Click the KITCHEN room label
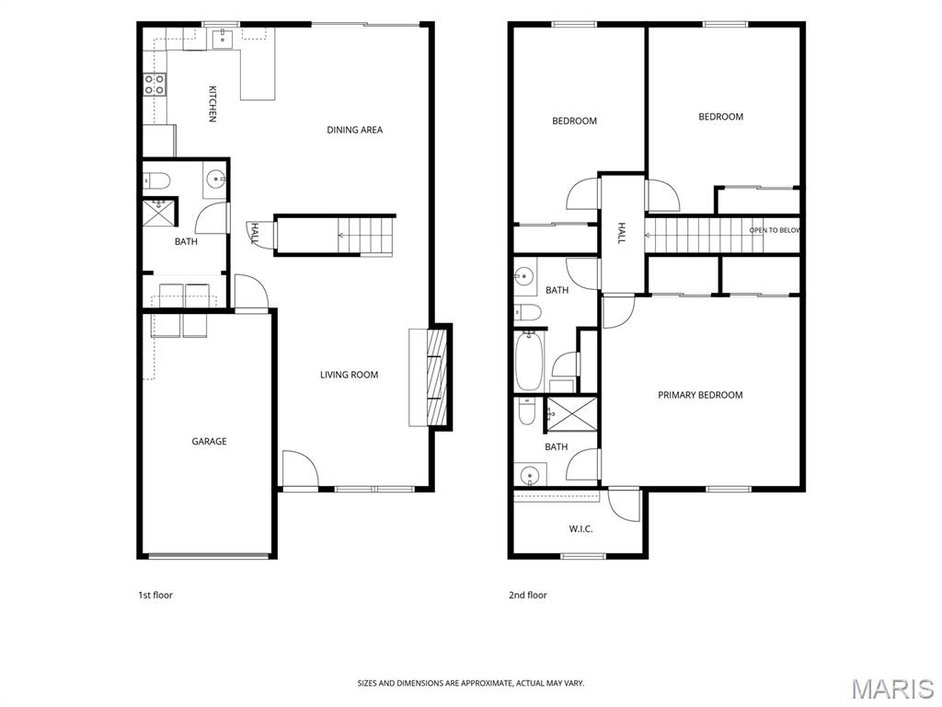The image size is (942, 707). click(x=213, y=104)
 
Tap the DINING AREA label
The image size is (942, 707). click(x=354, y=130)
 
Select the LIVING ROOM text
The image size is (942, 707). click(x=349, y=375)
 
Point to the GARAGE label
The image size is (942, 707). click(x=209, y=441)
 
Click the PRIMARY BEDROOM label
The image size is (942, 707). click(x=700, y=395)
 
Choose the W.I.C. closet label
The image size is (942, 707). click(x=581, y=529)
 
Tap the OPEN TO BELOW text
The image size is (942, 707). click(x=775, y=230)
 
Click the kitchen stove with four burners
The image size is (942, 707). click(x=155, y=85)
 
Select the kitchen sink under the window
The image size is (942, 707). click(x=223, y=37)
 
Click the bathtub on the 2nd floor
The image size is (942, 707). click(x=529, y=361)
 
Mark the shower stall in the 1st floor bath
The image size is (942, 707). click(x=159, y=213)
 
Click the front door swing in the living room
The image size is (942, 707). click(x=300, y=469)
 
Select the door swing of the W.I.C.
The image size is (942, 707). click(x=625, y=505)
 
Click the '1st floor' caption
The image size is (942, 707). click(x=155, y=596)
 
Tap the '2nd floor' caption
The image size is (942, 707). click(x=528, y=596)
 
